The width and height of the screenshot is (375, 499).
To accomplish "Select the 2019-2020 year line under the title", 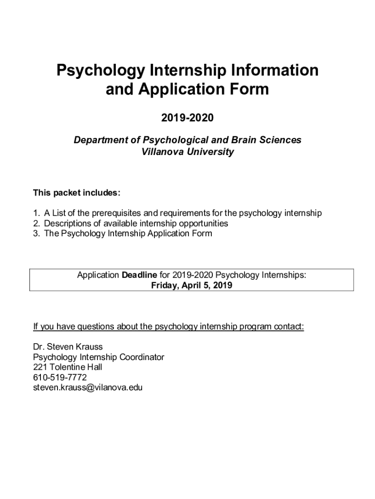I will [x=187, y=118].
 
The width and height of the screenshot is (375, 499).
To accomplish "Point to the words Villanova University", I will [x=187, y=152].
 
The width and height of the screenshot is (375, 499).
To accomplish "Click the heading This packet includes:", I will [x=76, y=193].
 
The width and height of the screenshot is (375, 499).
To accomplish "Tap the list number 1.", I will [x=36, y=213].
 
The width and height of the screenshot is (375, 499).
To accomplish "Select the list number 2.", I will [x=36, y=223].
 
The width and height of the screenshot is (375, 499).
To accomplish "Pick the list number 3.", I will [x=36, y=233].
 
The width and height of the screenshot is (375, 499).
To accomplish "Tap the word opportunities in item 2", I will [x=201, y=223].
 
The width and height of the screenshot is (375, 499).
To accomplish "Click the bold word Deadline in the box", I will [x=139, y=275].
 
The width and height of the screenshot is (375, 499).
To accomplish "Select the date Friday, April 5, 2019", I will [x=191, y=286].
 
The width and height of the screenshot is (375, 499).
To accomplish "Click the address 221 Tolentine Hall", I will [x=68, y=367].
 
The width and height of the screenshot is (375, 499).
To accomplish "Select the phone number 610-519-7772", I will [x=60, y=378].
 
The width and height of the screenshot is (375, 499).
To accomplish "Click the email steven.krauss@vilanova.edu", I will [x=88, y=388].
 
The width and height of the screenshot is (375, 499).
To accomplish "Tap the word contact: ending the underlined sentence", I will [x=289, y=326].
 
